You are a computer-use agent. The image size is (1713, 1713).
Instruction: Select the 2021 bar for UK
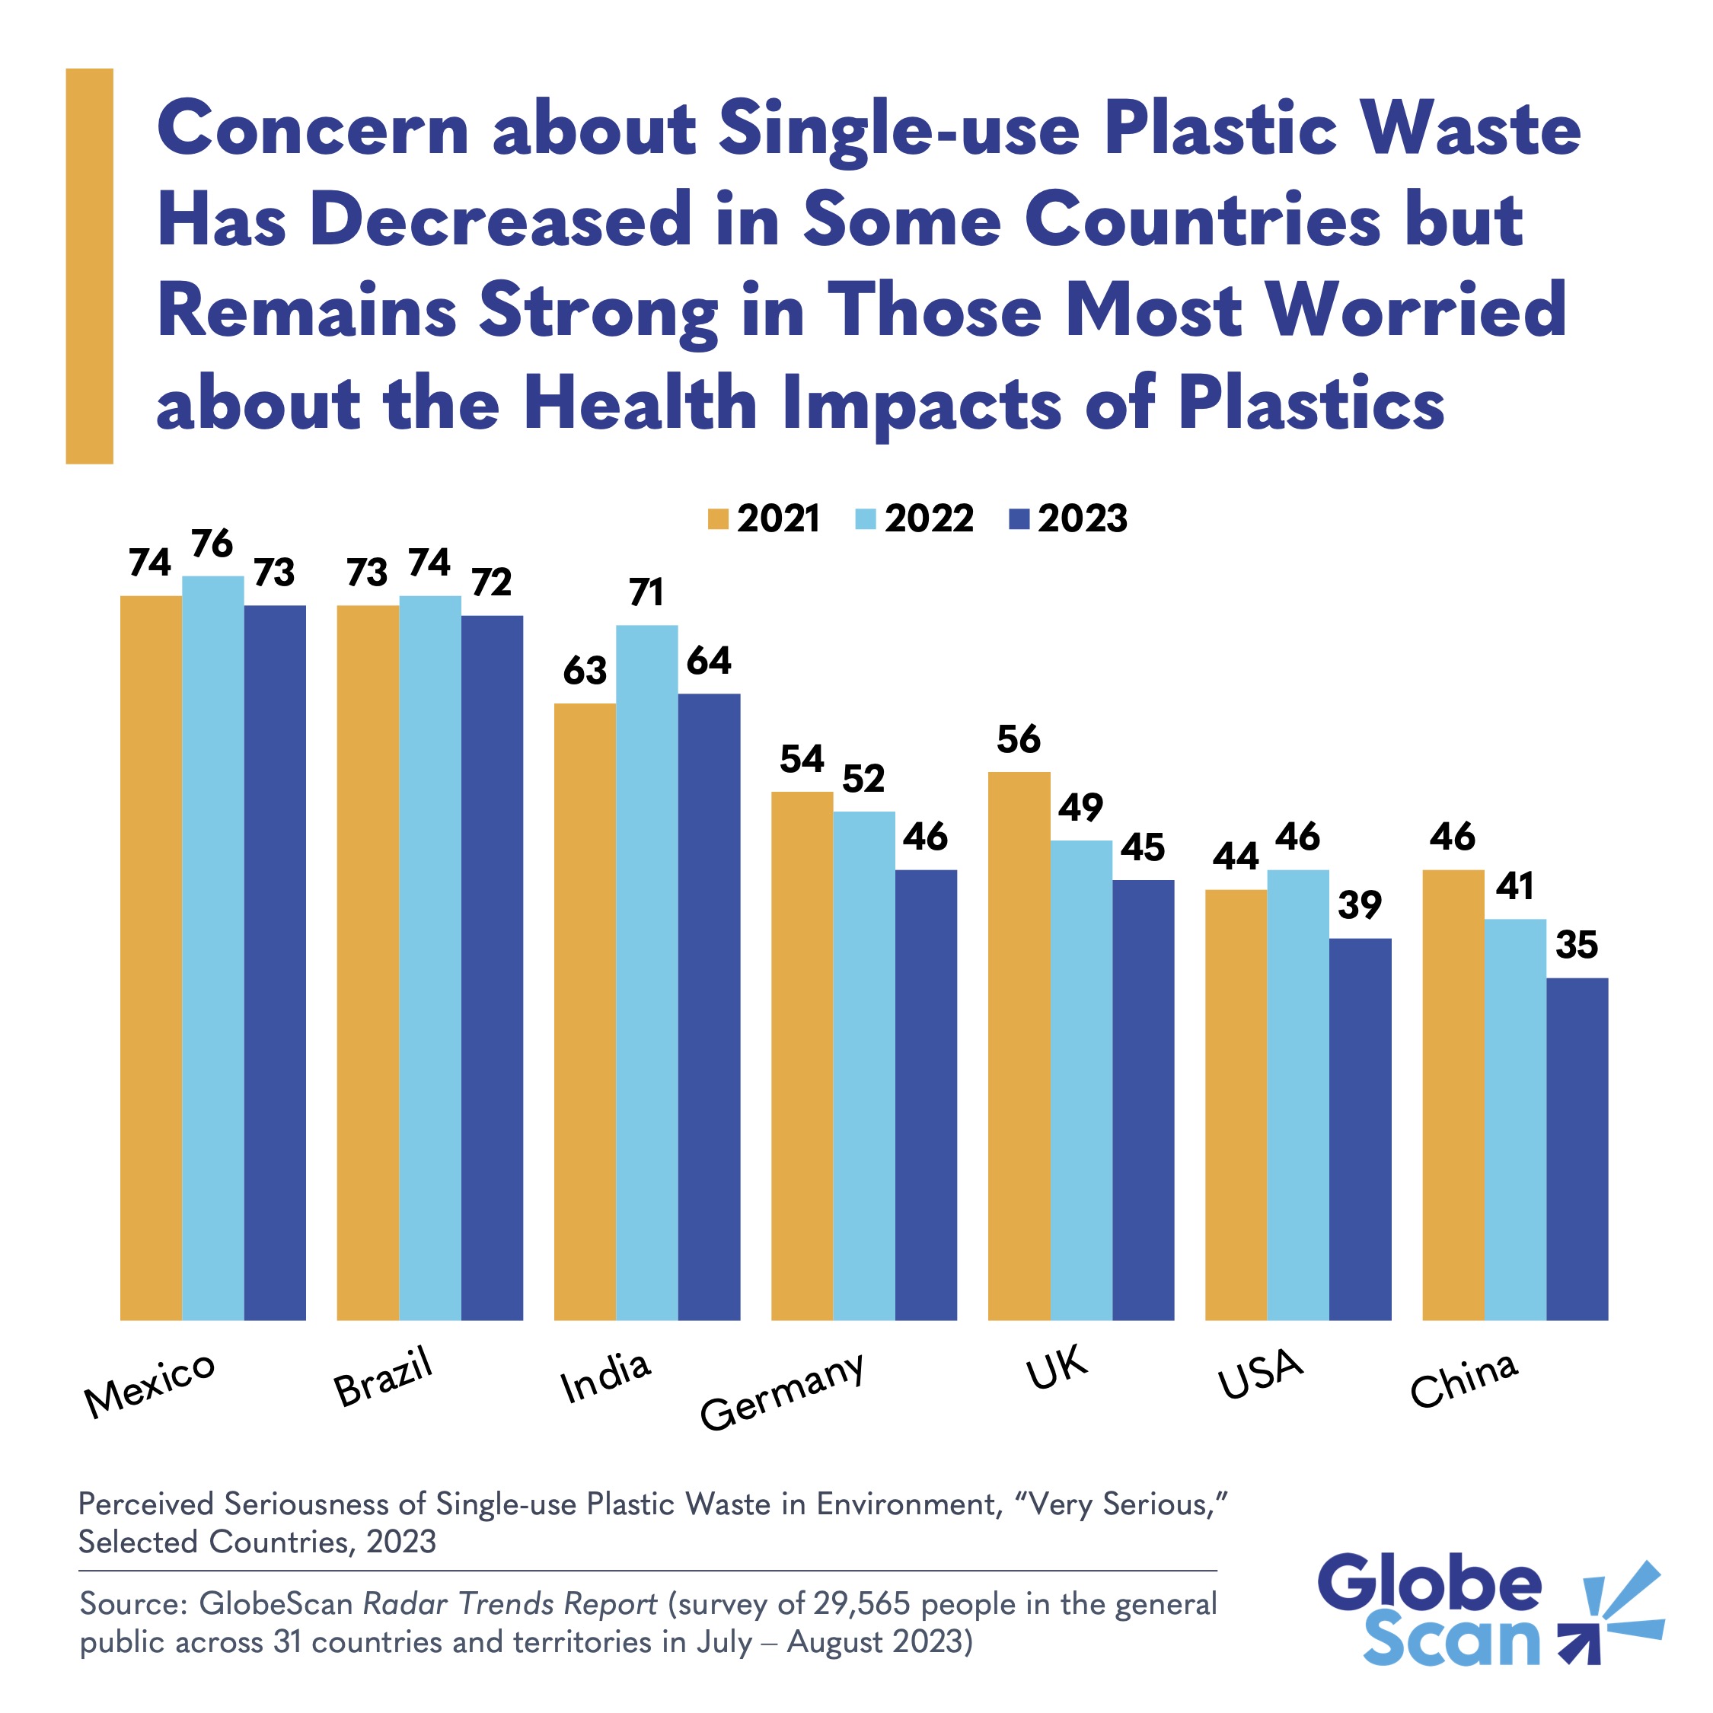[x=1019, y=1046]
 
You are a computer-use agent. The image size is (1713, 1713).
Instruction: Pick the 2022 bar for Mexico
[x=213, y=948]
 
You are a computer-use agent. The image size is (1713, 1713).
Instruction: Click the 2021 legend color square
[x=717, y=518]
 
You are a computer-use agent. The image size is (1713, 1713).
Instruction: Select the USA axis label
[x=1260, y=1374]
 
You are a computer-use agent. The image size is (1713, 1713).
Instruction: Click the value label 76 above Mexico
[x=212, y=544]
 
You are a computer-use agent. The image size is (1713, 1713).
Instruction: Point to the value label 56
[x=1018, y=739]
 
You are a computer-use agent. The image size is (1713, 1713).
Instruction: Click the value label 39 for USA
[x=1359, y=905]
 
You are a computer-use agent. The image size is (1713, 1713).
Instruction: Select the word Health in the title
[x=640, y=404]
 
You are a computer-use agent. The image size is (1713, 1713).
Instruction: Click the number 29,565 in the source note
[x=866, y=1604]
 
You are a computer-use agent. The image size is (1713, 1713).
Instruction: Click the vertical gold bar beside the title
[x=90, y=266]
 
